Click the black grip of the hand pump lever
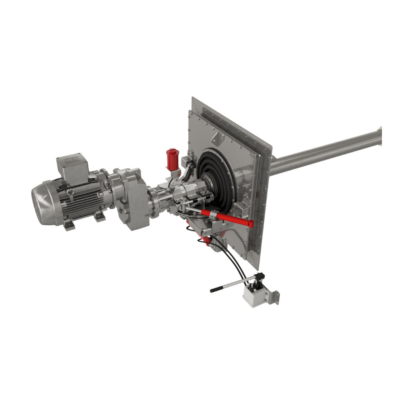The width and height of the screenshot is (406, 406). [217, 289]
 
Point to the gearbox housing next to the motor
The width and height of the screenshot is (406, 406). [130, 199]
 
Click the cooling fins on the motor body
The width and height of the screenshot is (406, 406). [81, 199]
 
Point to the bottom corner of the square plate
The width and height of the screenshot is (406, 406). [258, 268]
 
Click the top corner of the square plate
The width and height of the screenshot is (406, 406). [192, 98]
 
